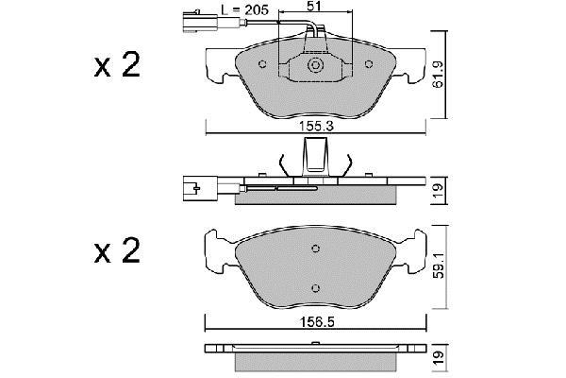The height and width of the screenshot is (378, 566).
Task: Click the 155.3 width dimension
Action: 316,127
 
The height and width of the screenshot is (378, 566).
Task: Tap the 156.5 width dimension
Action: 316,321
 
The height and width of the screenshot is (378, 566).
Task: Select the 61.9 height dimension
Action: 439,75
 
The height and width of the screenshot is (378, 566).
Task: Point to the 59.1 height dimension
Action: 439,266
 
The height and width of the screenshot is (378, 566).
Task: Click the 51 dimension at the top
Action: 315,6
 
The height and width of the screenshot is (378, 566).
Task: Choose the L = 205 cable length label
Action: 245,10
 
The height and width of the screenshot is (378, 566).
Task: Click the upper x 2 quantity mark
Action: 117,65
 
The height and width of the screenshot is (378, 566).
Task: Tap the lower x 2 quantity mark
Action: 117,250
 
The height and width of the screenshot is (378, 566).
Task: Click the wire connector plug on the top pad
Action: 200,24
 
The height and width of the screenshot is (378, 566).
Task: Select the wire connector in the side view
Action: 200,188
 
